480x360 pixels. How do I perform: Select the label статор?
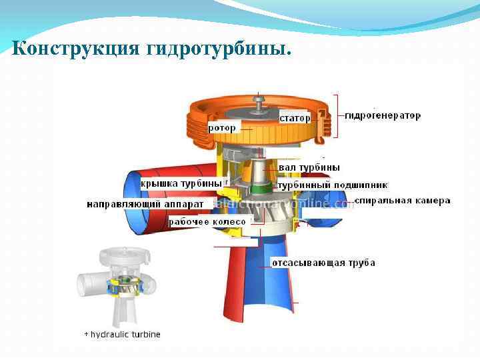(x=295, y=118)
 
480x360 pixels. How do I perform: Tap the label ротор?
(x=222, y=127)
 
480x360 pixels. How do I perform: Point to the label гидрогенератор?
(x=383, y=115)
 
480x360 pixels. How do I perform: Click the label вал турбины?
(x=309, y=167)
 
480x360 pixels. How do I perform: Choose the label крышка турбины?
(x=181, y=183)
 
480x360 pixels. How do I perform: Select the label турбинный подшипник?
(x=333, y=185)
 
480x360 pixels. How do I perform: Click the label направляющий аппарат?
(x=145, y=203)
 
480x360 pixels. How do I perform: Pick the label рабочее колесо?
(x=207, y=221)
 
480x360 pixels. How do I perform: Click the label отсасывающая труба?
(x=323, y=263)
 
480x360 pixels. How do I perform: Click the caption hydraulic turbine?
(x=125, y=334)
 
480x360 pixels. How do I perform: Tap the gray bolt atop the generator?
(x=259, y=101)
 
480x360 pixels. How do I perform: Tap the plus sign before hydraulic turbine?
(x=86, y=334)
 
